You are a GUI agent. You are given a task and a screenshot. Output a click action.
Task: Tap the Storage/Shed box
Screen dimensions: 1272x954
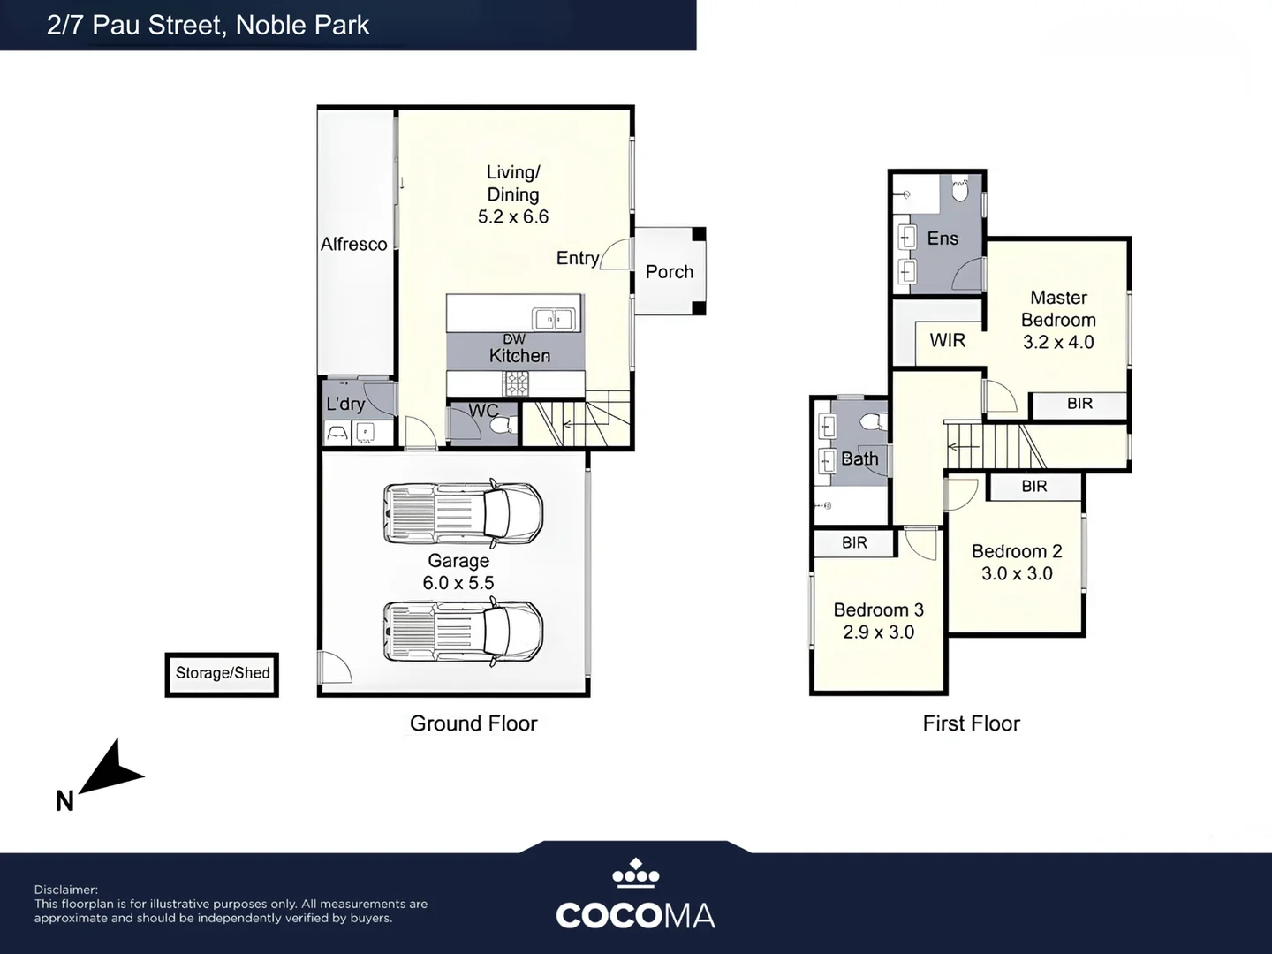click(x=222, y=674)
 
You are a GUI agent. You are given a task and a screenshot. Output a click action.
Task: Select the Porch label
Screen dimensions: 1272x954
click(x=670, y=272)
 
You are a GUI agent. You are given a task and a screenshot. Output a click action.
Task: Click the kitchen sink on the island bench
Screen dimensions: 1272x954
click(x=554, y=319)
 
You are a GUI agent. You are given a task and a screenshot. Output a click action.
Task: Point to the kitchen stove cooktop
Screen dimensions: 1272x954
click(x=515, y=383)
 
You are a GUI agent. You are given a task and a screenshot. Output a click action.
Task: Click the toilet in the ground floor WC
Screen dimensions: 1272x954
click(x=502, y=426)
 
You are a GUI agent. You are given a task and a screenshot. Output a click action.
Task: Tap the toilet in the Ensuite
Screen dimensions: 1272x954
click(x=960, y=189)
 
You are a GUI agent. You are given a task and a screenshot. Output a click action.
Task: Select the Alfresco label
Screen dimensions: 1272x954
click(x=353, y=245)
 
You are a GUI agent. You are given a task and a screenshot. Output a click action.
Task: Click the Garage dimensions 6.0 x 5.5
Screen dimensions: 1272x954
click(x=458, y=583)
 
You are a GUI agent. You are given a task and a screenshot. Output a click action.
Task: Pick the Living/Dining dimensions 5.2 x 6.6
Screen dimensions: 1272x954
click(x=513, y=216)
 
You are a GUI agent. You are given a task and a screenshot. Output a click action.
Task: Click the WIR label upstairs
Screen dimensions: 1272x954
click(x=948, y=340)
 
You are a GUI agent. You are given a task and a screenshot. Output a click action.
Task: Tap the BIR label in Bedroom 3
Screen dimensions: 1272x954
click(x=854, y=542)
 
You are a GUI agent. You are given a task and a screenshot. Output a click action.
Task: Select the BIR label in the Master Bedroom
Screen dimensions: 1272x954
click(x=1079, y=403)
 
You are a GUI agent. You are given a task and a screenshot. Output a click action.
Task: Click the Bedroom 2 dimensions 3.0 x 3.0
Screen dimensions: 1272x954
click(x=1017, y=573)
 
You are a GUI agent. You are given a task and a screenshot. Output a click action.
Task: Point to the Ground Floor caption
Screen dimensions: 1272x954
click(x=473, y=723)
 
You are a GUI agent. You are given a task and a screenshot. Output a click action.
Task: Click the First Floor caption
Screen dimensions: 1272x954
click(x=972, y=723)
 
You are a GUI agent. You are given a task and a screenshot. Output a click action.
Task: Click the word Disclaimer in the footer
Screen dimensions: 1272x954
click(x=66, y=890)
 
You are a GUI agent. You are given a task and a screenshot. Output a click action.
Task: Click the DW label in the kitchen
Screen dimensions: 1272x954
click(x=514, y=339)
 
